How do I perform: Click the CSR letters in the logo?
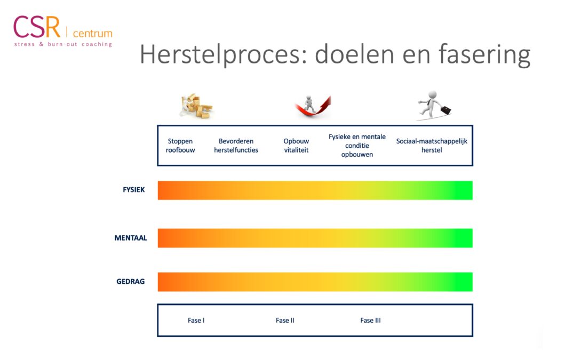(x=37, y=27)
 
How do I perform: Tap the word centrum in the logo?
(x=92, y=33)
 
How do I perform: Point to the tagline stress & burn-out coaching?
(x=63, y=44)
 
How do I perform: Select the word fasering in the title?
(x=484, y=54)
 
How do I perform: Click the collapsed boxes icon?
(x=196, y=106)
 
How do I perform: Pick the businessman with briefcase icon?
(x=434, y=105)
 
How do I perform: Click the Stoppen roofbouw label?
(x=180, y=146)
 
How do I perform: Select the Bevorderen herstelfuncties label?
(x=236, y=146)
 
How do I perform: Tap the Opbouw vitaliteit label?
(x=296, y=146)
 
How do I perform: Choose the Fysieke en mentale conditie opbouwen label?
(x=357, y=146)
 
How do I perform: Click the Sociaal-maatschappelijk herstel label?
(x=432, y=146)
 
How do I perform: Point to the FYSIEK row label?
(x=134, y=190)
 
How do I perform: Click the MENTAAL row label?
(x=131, y=238)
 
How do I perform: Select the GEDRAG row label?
(x=131, y=282)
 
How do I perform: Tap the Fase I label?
(x=196, y=321)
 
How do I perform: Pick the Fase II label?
(x=285, y=321)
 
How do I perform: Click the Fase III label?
(x=371, y=321)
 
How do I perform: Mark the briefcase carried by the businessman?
(x=445, y=110)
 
